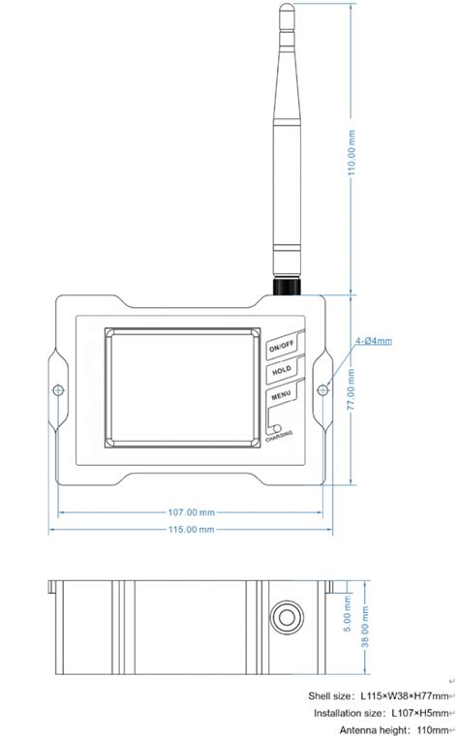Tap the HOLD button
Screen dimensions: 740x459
coord(282,371)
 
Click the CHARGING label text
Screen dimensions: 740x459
coord(282,438)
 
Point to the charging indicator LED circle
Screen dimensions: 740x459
coord(276,428)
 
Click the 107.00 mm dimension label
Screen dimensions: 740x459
coord(191,512)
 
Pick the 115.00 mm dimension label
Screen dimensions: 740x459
coord(191,530)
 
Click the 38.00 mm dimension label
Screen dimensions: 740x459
coord(365,647)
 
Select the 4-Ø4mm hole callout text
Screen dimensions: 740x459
coord(374,341)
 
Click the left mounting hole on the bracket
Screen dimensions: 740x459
coord(58,390)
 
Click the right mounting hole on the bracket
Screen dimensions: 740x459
coord(323,390)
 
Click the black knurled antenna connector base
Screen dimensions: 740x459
coord(287,287)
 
